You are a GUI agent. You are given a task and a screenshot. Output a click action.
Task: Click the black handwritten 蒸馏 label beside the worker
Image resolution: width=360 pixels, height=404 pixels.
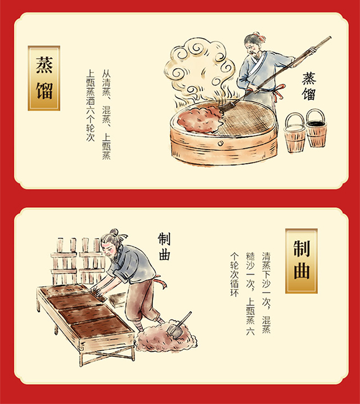pyautogui.click(x=309, y=86)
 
